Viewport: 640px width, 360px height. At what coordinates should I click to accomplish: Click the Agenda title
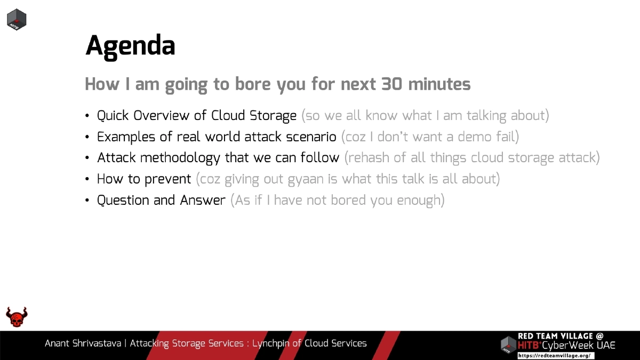(x=130, y=46)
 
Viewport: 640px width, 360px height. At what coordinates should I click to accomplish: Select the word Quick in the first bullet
(x=113, y=116)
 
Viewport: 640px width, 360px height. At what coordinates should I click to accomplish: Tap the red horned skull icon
(x=17, y=317)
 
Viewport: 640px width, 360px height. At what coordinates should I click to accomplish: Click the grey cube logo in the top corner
(x=17, y=19)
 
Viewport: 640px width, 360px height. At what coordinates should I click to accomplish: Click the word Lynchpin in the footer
(x=271, y=343)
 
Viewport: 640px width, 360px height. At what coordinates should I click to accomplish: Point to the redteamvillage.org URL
(x=555, y=356)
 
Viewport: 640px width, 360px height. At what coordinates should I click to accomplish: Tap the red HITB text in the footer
(x=528, y=346)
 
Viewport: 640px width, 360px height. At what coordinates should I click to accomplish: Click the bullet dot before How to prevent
(x=87, y=180)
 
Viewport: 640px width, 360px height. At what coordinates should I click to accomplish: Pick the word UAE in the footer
(x=606, y=346)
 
